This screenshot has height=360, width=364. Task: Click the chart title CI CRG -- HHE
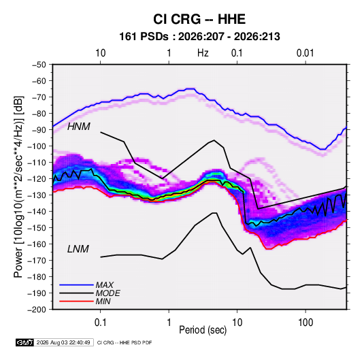click(x=199, y=19)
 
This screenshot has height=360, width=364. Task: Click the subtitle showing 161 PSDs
click(x=199, y=37)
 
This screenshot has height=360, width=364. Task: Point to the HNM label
click(x=78, y=127)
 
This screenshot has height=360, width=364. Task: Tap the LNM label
click(x=78, y=249)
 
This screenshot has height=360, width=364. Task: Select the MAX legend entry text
click(x=105, y=284)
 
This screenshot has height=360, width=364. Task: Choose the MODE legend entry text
click(x=107, y=293)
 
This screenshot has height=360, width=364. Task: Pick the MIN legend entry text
click(x=103, y=301)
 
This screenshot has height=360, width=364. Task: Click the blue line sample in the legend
click(x=76, y=284)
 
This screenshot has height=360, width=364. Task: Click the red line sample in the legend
click(x=76, y=301)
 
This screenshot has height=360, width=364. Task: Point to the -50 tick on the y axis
click(x=39, y=65)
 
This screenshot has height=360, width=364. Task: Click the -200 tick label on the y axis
click(x=37, y=310)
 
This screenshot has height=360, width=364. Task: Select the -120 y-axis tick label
click(x=37, y=179)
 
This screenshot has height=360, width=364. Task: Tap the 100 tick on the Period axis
click(x=305, y=323)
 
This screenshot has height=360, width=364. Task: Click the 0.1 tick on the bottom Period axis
click(x=100, y=323)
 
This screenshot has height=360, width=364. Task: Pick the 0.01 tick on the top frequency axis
click(x=305, y=53)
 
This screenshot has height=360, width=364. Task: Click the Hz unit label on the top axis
click(x=203, y=53)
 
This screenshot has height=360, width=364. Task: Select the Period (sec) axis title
click(x=203, y=330)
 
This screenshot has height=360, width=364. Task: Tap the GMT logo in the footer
click(x=25, y=342)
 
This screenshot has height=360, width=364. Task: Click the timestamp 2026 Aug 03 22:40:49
click(x=63, y=342)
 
